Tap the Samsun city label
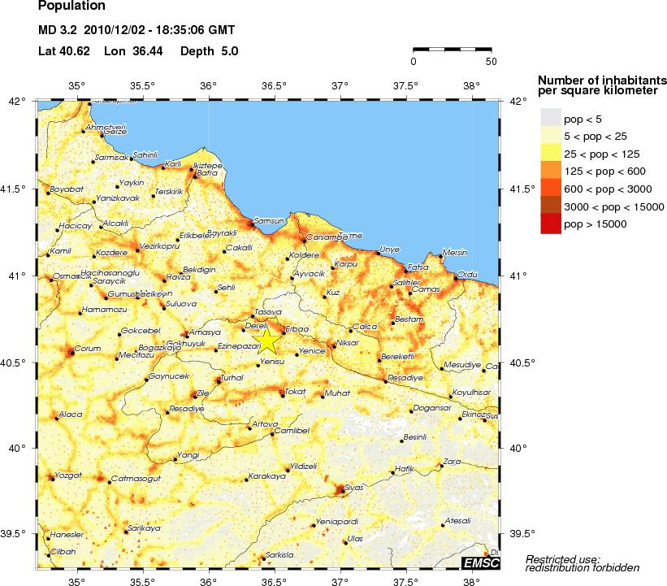(268, 220)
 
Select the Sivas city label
(353, 487)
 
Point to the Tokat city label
(295, 392)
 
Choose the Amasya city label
(205, 332)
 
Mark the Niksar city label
(347, 343)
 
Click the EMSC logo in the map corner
(480, 563)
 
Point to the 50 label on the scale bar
(491, 61)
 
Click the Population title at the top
(71, 7)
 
